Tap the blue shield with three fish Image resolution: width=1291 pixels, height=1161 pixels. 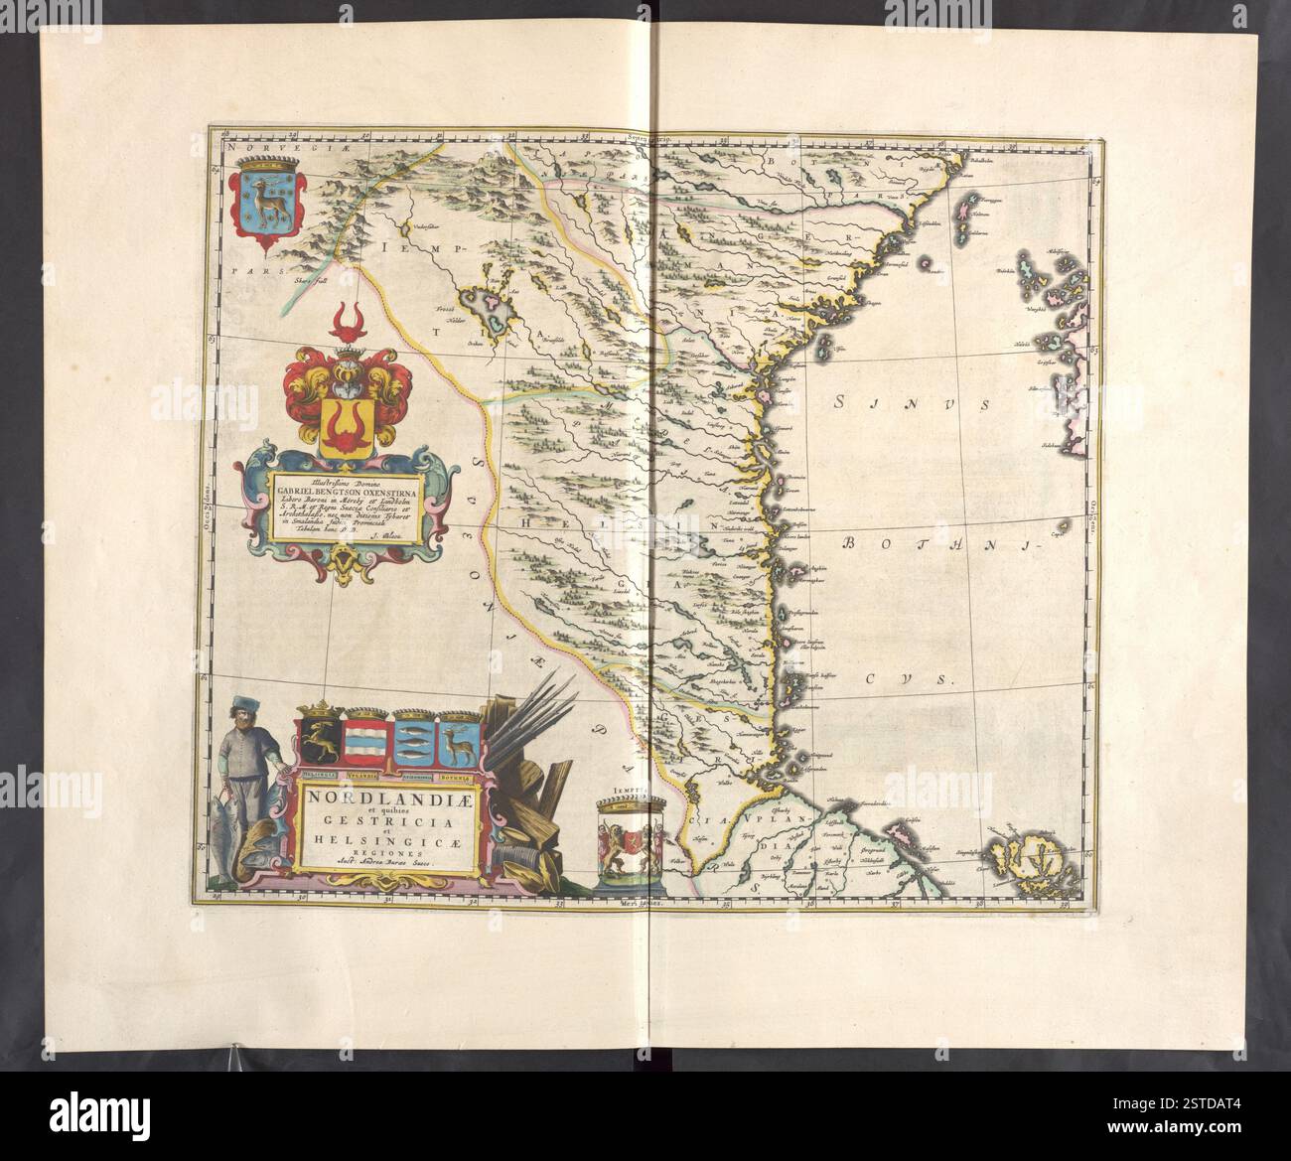(413, 739)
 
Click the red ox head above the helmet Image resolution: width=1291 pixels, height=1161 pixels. (347, 319)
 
